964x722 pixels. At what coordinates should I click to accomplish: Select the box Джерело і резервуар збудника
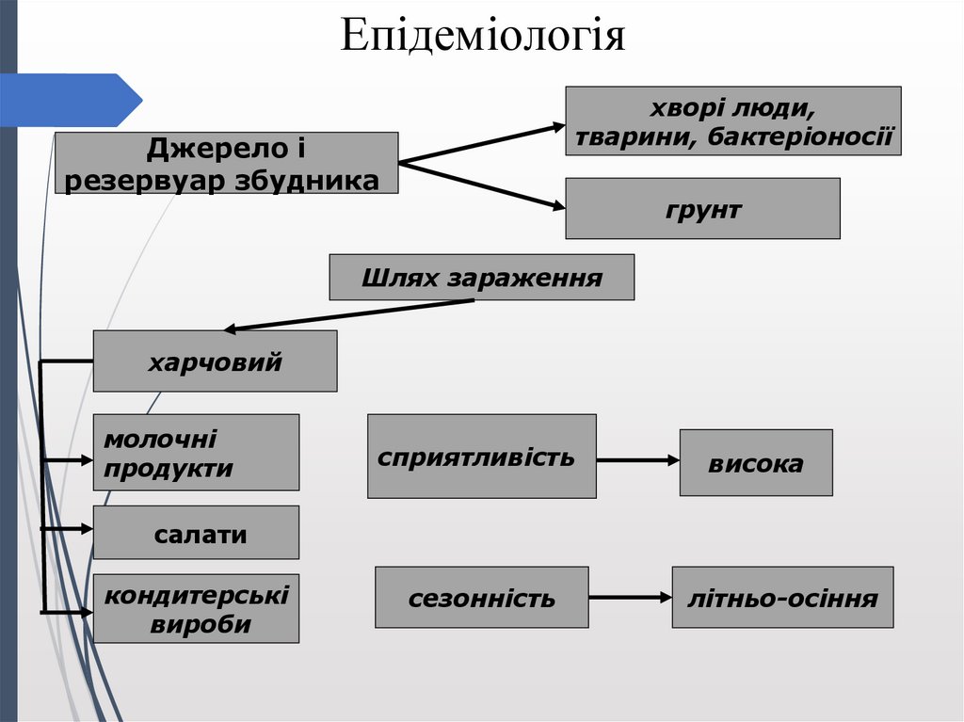[226, 164]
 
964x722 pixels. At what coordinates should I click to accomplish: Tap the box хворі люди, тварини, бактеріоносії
[732, 121]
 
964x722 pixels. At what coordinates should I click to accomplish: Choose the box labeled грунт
[702, 208]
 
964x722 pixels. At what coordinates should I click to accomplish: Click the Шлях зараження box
[481, 278]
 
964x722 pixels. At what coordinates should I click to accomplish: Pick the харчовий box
[215, 361]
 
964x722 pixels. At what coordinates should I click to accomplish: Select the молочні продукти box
[196, 453]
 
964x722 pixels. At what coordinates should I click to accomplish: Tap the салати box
[196, 533]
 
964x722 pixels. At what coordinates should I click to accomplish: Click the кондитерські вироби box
[196, 609]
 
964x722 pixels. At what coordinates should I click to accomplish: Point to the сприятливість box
[481, 457]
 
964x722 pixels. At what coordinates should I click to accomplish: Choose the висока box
[756, 462]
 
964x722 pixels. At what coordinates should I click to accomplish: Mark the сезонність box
[481, 597]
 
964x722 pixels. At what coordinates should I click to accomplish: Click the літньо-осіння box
[782, 597]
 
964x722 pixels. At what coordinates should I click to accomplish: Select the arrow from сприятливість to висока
[637, 460]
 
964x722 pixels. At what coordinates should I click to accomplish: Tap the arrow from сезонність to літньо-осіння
[630, 597]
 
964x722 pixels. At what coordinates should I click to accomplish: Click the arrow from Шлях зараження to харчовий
[348, 315]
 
